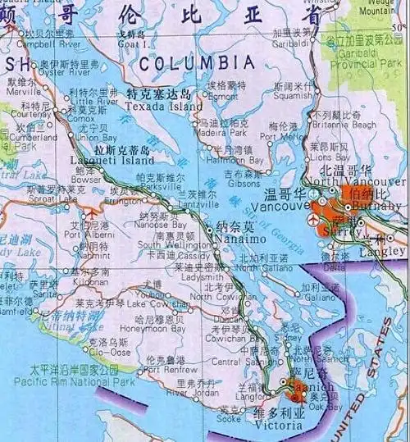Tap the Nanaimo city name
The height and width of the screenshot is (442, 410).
point(239,238)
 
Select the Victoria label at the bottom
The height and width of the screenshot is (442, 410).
point(272,426)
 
